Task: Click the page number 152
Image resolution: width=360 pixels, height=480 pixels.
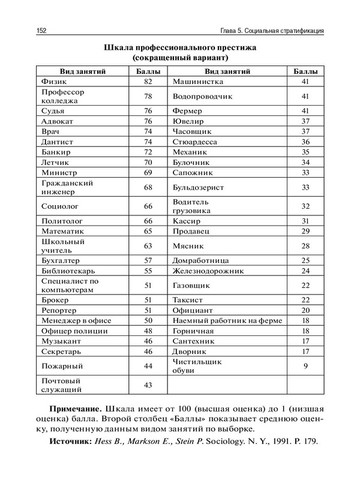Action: (x=41, y=31)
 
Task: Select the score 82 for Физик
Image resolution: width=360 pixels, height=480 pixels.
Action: (x=149, y=81)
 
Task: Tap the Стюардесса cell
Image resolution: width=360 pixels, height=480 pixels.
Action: (x=194, y=142)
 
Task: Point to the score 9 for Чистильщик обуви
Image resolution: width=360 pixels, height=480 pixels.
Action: (x=305, y=365)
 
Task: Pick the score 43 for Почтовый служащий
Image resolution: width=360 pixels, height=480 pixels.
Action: (x=149, y=385)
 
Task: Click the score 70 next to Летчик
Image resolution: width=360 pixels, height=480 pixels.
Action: (x=149, y=162)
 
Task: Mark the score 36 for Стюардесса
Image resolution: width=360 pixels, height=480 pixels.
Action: (x=305, y=142)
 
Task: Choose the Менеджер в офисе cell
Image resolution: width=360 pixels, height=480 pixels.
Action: (x=76, y=320)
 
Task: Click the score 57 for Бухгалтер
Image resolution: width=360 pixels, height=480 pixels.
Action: (x=149, y=260)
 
